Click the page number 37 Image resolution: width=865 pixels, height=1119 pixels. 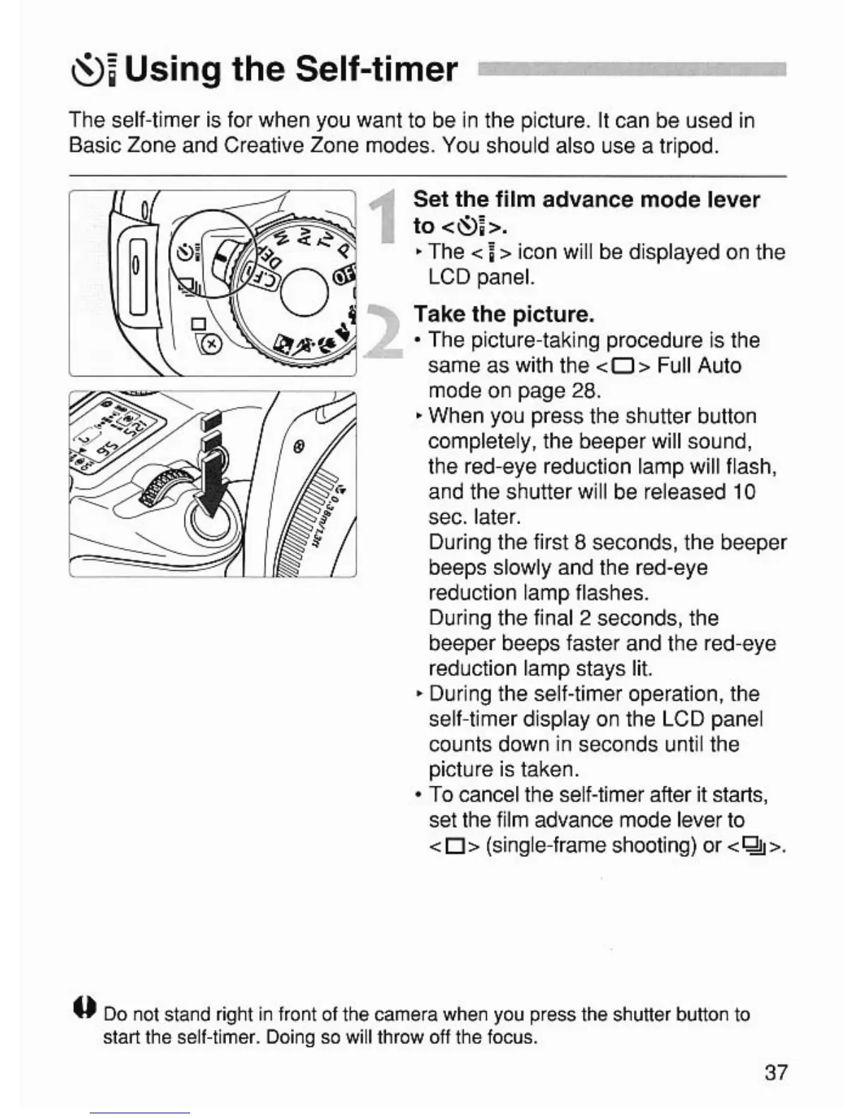[775, 1072]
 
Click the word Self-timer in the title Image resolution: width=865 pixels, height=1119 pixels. [376, 69]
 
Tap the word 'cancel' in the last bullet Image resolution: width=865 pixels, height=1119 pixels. [490, 795]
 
